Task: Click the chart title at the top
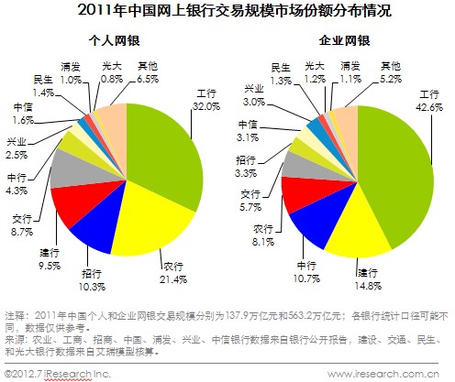click(x=228, y=13)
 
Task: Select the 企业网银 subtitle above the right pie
click(x=338, y=41)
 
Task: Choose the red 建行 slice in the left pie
click(x=71, y=205)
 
